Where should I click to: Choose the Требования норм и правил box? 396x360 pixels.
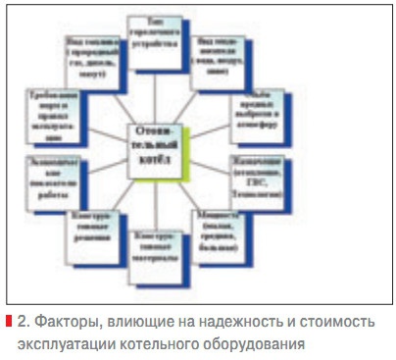tap(51, 115)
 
